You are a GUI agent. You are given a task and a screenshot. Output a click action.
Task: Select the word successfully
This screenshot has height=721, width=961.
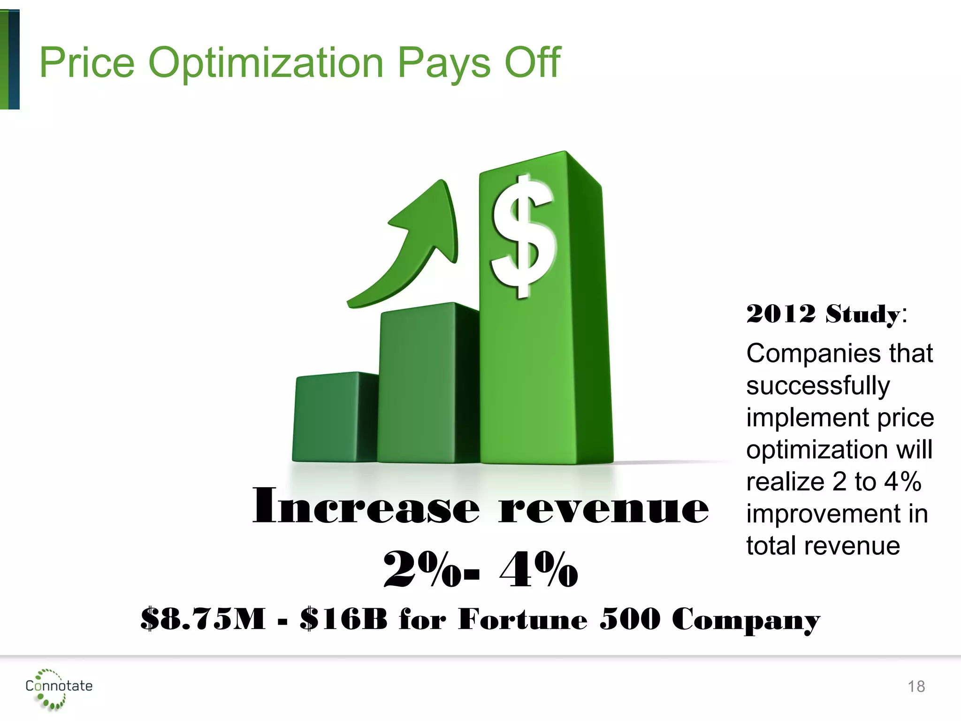(817, 386)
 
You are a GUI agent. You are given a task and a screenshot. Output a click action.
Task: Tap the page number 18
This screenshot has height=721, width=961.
(916, 687)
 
